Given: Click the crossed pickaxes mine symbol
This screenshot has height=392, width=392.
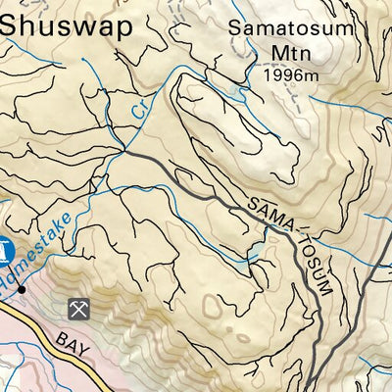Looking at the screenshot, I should [x=78, y=309].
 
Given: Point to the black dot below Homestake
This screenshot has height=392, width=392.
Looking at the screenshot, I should [x=22, y=290].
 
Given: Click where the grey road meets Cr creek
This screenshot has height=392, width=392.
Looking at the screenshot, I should [x=123, y=152].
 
